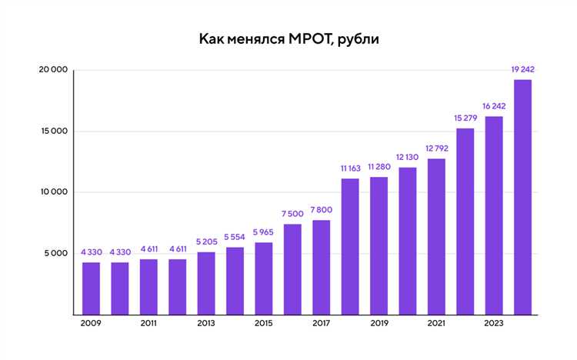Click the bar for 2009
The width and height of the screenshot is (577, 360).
[x=92, y=288]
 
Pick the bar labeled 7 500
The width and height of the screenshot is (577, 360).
[x=292, y=269]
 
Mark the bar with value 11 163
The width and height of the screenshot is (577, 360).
[x=350, y=246]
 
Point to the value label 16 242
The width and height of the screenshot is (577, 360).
[x=494, y=107]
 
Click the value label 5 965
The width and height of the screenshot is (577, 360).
[x=264, y=233]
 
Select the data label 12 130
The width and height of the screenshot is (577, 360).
[x=408, y=158]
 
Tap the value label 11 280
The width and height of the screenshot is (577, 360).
[x=379, y=167]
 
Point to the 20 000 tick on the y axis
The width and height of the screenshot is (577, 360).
[x=53, y=70]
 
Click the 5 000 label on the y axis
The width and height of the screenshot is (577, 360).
[x=55, y=253]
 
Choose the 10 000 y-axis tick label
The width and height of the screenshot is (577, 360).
[x=53, y=192]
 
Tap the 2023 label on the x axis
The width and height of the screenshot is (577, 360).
[x=494, y=324]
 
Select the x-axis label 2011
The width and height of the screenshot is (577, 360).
[x=149, y=324]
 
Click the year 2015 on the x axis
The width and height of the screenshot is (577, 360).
[x=264, y=324]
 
